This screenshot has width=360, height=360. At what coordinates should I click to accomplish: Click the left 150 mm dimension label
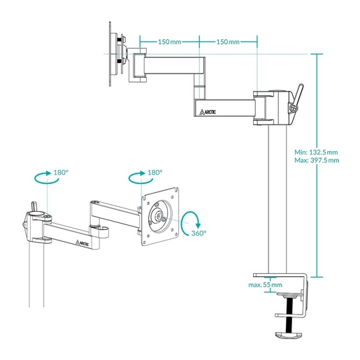point(170,42)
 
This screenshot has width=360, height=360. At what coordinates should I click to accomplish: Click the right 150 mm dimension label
point(227,42)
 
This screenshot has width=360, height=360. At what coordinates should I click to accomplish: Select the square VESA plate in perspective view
point(160,216)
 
